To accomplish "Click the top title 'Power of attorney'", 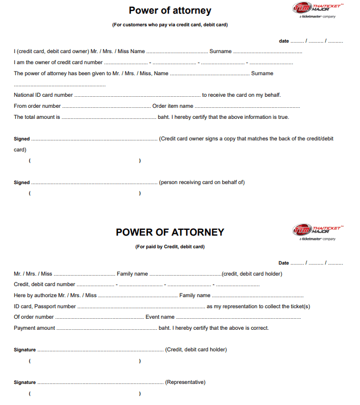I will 170,11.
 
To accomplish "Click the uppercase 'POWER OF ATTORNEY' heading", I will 170,232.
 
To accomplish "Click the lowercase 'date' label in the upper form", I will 284,41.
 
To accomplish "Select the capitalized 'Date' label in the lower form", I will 284,263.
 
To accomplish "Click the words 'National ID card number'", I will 43,95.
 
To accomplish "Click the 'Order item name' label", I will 173,106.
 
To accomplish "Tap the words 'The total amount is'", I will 37,117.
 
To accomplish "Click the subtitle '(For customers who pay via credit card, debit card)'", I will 170,25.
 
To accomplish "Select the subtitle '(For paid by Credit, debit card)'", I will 170,247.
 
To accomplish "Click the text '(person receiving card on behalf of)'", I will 202,183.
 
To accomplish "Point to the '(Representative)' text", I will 185,382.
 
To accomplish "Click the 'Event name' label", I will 160,317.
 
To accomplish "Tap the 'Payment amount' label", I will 34,328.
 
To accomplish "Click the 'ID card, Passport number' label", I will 45,307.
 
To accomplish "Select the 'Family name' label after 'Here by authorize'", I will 194,296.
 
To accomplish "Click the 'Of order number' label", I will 34,317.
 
